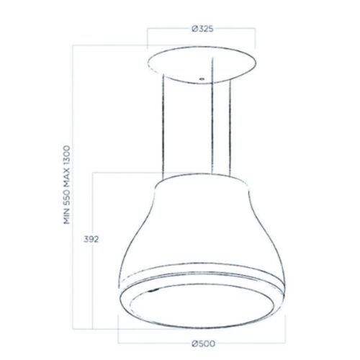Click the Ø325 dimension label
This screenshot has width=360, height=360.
[202, 29]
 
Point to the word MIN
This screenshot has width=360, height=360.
[67, 214]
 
